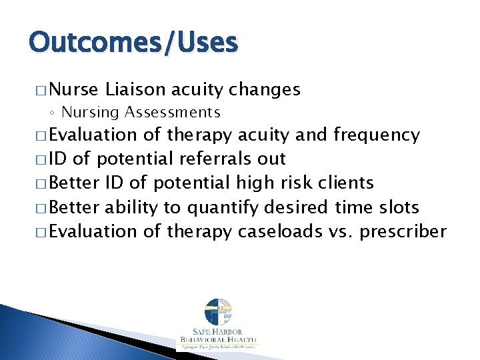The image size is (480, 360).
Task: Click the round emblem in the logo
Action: (218, 314)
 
